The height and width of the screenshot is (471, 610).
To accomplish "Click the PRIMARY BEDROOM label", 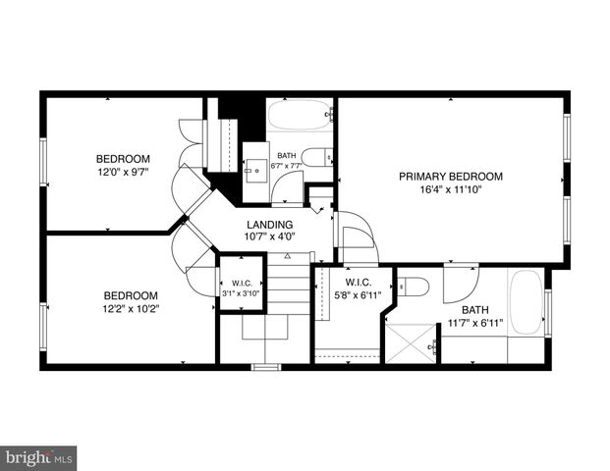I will [x=450, y=177].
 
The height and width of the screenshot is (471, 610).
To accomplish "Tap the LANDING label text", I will [x=269, y=225].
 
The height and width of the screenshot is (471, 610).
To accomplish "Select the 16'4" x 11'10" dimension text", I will [x=451, y=190].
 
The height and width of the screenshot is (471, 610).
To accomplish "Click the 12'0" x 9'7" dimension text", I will [x=123, y=172].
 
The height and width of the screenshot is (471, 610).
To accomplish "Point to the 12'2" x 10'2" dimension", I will [x=132, y=308].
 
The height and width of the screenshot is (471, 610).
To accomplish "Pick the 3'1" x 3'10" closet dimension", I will [x=241, y=292].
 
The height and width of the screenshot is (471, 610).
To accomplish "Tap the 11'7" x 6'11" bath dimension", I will [x=474, y=323].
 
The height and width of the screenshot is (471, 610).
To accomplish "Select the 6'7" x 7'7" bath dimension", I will [x=287, y=166].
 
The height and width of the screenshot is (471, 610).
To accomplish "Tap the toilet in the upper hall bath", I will [x=316, y=157].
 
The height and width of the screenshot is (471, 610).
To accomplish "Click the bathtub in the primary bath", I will [x=526, y=303].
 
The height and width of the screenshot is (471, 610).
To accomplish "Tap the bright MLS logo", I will [x=39, y=458].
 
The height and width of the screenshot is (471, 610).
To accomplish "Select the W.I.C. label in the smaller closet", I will [x=241, y=280].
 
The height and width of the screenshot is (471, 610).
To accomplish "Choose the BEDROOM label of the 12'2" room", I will [x=132, y=295].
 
